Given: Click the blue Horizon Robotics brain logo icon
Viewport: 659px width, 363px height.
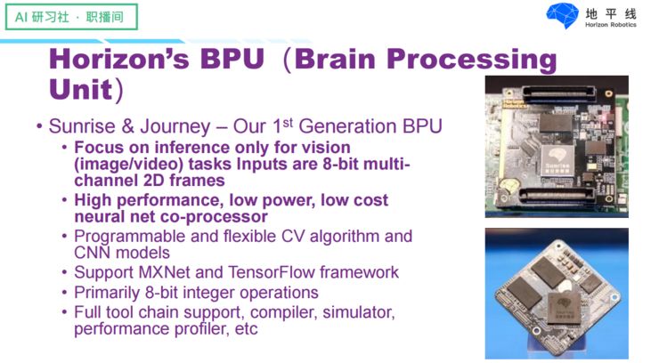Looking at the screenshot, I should coord(562,16).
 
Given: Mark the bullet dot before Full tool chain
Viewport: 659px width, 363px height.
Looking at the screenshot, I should coord(65,312).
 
